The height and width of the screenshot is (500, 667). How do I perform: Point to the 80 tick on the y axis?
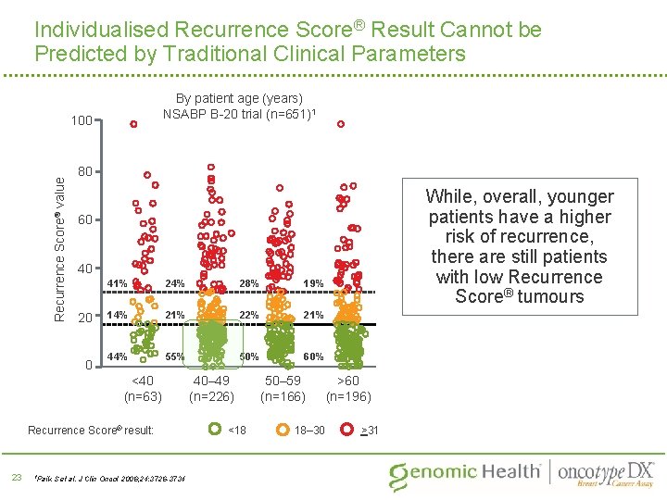coord(84,171)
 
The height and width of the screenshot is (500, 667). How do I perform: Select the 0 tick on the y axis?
coord(89,365)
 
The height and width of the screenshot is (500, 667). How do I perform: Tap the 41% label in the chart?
coord(118,282)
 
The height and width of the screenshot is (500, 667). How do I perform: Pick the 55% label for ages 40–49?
coord(175,356)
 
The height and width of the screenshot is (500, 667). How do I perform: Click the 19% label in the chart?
coord(313,283)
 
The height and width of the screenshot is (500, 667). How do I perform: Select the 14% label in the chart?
coord(118,315)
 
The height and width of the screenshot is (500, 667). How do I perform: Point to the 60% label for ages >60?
coord(313,356)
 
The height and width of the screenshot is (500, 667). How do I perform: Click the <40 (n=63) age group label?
coord(143,388)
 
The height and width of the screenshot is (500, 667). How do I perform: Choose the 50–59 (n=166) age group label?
coord(283,388)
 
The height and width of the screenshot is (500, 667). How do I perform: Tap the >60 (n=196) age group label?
coord(348,388)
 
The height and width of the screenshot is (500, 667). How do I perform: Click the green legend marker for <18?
coord(214,430)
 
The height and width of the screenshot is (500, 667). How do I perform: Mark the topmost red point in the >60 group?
coord(340,124)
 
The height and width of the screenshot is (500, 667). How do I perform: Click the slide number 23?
coord(16,477)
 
